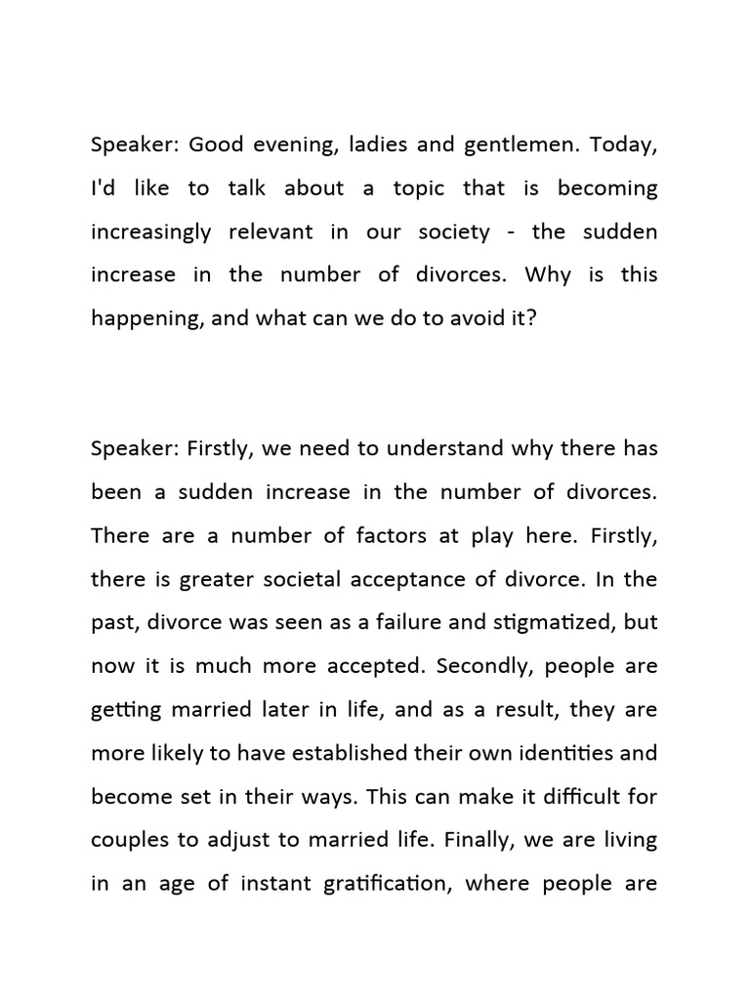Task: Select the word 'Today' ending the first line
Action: pyautogui.click(x=625, y=146)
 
